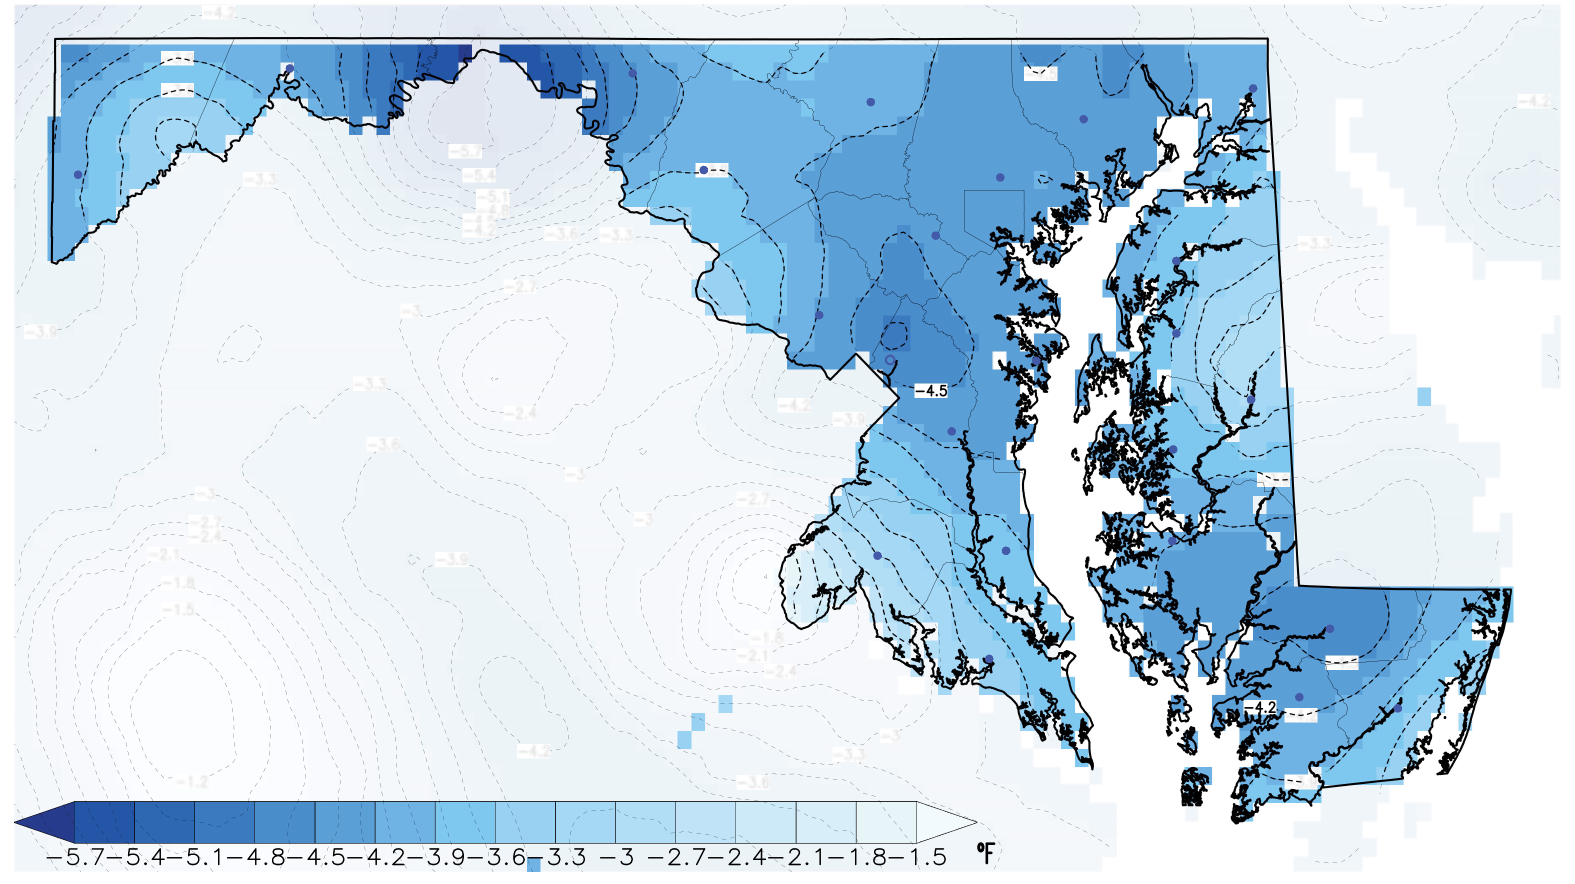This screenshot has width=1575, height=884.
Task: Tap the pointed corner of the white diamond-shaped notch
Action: [897, 398]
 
